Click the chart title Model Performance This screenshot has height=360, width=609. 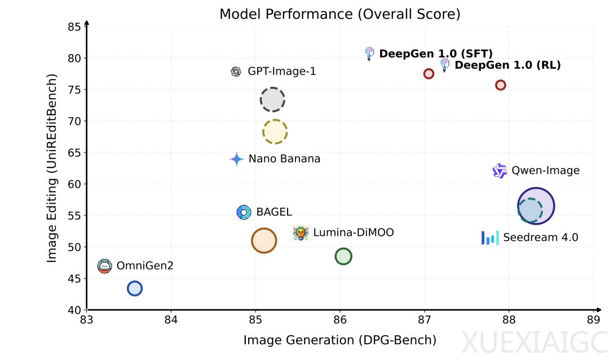339,14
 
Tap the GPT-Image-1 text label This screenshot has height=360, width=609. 281,72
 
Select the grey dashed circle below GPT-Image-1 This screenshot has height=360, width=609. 272,99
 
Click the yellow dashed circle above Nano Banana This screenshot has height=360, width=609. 275,132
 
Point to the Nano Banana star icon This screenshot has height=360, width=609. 237,159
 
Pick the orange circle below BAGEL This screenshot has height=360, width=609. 263,241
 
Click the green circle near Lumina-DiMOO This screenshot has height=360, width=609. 343,256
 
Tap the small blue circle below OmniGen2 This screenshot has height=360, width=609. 134,288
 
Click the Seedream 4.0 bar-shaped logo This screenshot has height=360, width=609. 490,238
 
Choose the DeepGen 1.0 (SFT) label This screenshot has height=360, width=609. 436,54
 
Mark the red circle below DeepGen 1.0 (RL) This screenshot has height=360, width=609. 500,85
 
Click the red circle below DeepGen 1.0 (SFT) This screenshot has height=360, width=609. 429,74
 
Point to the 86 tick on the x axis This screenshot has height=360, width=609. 340,320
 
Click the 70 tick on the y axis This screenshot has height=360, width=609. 74,121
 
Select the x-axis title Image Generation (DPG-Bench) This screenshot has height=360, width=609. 339,340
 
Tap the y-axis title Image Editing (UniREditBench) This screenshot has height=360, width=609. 52,168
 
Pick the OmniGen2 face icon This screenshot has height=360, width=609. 104,266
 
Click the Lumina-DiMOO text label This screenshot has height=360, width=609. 353,232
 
